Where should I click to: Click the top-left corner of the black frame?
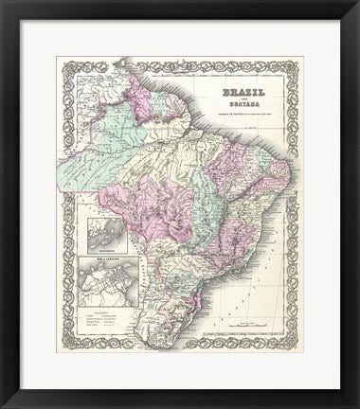pos(3,3)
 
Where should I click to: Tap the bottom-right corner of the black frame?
pos(356,405)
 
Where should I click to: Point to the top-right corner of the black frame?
pos(356,3)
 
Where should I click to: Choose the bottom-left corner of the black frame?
pos(3,405)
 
